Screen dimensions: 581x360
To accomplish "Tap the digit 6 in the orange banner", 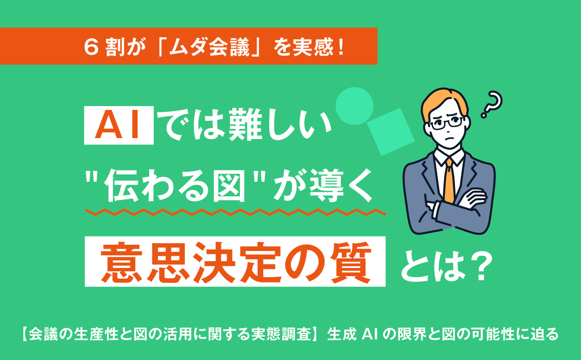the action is tap(92, 47).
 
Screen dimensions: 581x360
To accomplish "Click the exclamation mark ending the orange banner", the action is tap(341, 47).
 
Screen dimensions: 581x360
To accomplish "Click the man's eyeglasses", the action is tap(446, 123).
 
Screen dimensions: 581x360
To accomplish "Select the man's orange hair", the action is tap(443, 103).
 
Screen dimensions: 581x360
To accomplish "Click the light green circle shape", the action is tap(354, 106).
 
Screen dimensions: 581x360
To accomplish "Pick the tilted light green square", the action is tap(391, 132).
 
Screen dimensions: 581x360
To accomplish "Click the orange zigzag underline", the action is tap(235, 212).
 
